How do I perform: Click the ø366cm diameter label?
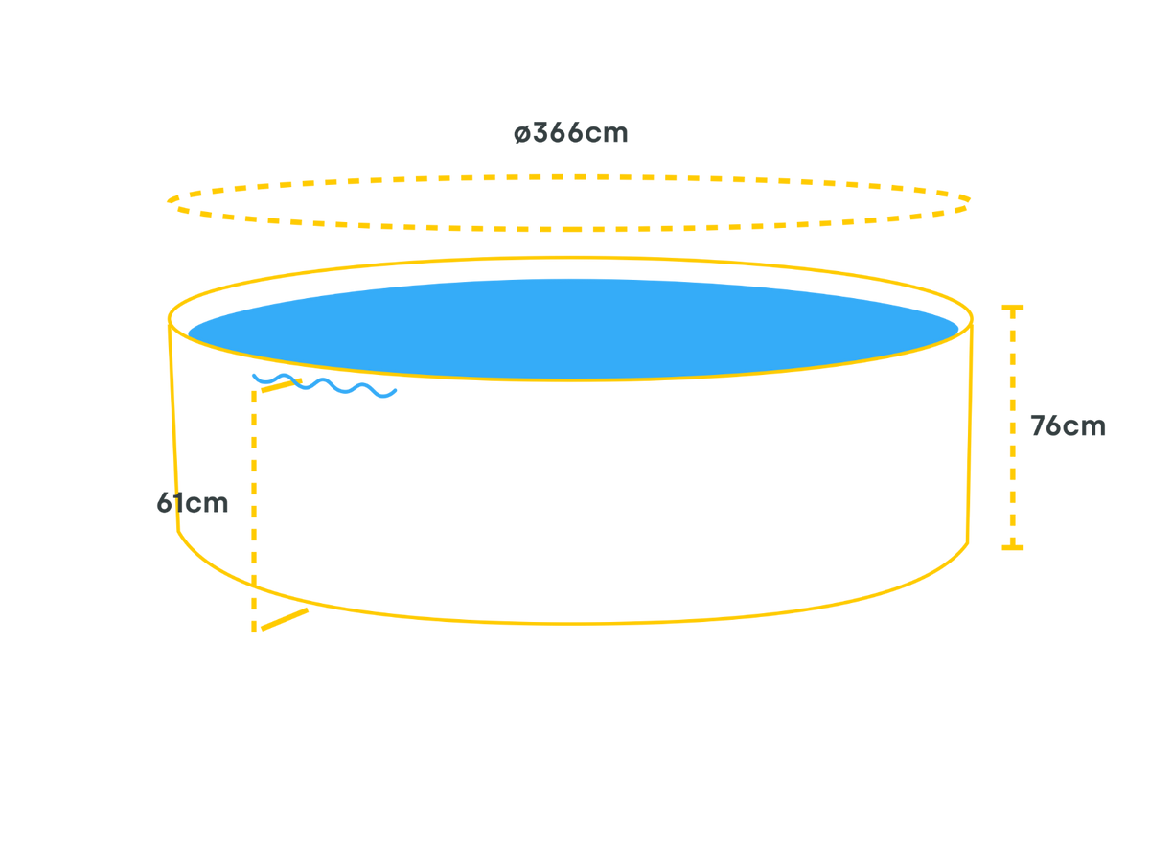coord(571,133)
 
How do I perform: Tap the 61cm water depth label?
coord(193,503)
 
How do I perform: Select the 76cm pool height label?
coord(1067,426)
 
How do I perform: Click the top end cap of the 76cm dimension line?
coord(1012,309)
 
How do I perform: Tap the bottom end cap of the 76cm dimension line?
coord(1012,547)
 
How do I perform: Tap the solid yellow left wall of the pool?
coord(173,431)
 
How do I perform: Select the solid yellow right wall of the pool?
coord(971,431)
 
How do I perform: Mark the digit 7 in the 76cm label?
coord(1038,426)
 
